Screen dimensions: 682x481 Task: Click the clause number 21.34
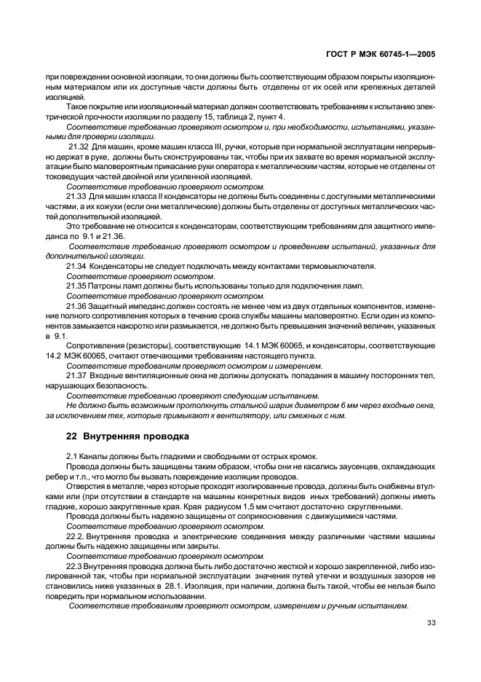[x=76, y=266]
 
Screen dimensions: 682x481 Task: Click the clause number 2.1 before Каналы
[x=71, y=456]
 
